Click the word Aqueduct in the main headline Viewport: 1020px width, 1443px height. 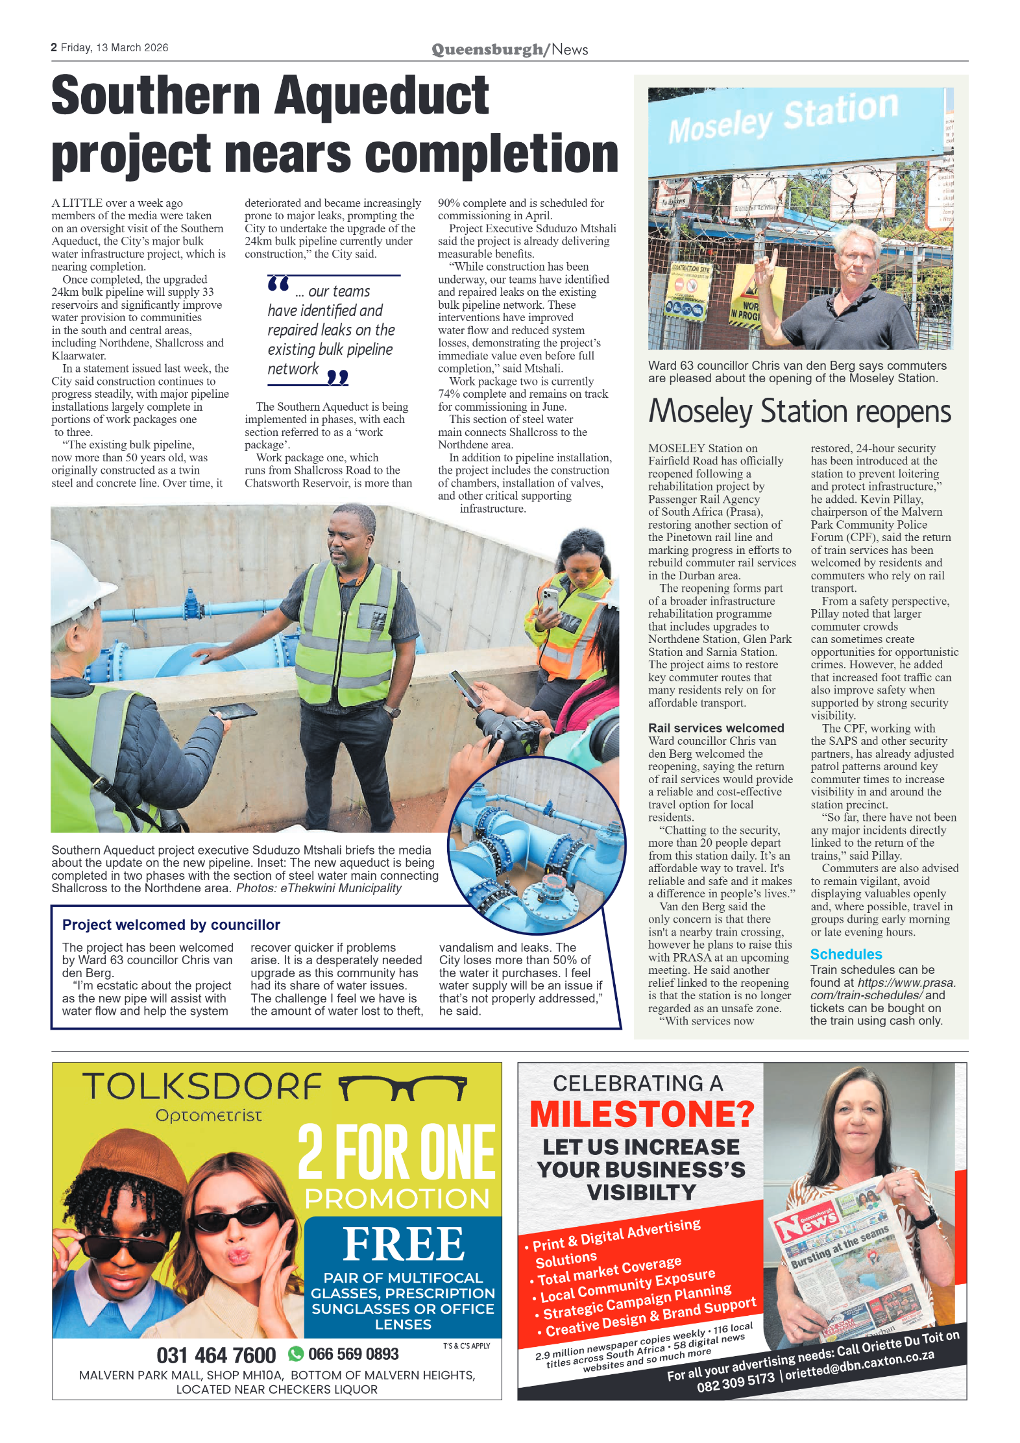382,95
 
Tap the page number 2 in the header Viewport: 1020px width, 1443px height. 54,47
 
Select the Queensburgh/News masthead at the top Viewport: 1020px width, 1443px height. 509,49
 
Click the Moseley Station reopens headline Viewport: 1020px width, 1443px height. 799,411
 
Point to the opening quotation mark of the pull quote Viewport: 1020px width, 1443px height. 278,284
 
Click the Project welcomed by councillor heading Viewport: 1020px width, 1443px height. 171,925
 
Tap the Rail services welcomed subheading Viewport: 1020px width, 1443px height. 716,728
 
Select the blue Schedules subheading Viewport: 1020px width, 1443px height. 845,954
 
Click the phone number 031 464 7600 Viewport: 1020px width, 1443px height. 216,1355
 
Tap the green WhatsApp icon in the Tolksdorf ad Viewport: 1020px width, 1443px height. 296,1353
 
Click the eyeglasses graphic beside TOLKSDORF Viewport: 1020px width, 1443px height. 403,1088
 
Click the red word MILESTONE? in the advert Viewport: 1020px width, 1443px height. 642,1115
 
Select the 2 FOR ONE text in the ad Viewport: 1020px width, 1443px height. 396,1152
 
